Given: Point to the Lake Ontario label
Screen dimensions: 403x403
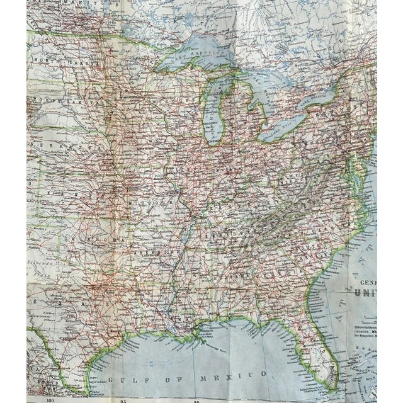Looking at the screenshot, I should click(321, 99).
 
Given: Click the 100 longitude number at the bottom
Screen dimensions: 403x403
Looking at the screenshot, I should click(49, 399).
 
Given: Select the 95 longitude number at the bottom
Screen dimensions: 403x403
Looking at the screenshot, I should click(124, 399).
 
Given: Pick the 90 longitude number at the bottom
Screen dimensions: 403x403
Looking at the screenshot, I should click(198, 399).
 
